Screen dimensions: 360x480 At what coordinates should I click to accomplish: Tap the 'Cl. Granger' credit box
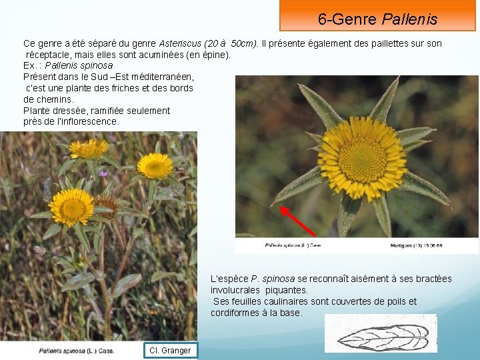tap(170, 350)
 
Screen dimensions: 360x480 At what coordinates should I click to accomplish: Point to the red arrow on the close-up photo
tap(297, 220)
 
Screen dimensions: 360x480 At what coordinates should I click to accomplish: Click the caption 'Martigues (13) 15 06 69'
tap(417, 245)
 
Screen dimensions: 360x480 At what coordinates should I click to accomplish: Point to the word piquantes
tap(287, 290)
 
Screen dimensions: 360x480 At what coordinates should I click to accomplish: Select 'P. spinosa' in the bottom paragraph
tap(273, 279)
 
